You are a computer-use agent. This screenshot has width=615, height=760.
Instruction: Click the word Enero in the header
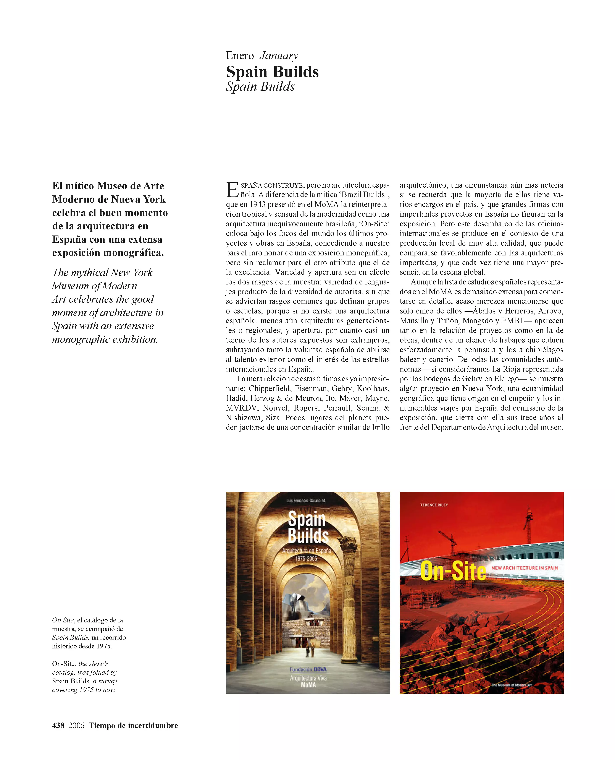click(240, 56)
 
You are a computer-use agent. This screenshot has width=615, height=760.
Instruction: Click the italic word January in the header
click(279, 56)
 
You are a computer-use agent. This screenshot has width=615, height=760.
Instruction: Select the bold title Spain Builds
click(272, 72)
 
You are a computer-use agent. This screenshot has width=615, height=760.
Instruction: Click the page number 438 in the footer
click(58, 725)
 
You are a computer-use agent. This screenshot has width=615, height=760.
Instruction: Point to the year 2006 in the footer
click(76, 725)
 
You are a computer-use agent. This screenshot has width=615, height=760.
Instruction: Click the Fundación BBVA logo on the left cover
click(308, 669)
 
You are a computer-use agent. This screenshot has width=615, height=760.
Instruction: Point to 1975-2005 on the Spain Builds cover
click(307, 559)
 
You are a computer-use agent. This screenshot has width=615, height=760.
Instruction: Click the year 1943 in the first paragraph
click(257, 205)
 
